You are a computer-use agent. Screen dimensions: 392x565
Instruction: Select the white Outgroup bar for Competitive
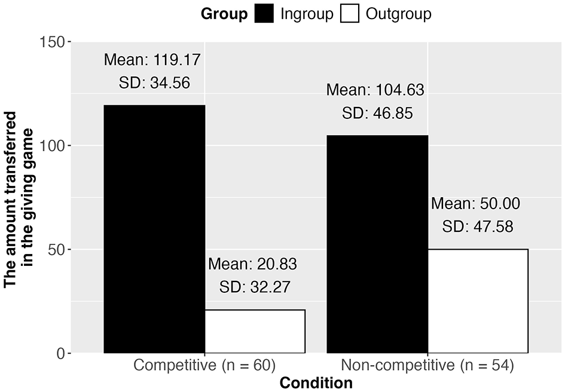(255, 331)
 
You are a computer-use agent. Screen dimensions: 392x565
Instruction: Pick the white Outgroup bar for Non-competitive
(478, 301)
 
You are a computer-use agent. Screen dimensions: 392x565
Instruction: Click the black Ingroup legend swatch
(263, 14)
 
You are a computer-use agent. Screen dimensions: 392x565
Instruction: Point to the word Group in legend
(224, 14)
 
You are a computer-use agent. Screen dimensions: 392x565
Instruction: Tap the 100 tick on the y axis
(55, 146)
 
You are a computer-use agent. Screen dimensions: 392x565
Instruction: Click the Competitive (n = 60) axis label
(204, 366)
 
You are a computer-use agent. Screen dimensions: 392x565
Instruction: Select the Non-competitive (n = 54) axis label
(427, 366)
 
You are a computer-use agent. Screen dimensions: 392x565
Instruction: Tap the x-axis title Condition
(316, 382)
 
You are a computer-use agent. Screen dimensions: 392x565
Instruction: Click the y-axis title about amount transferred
(18, 197)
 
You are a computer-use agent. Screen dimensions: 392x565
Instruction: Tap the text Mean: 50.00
(476, 203)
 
